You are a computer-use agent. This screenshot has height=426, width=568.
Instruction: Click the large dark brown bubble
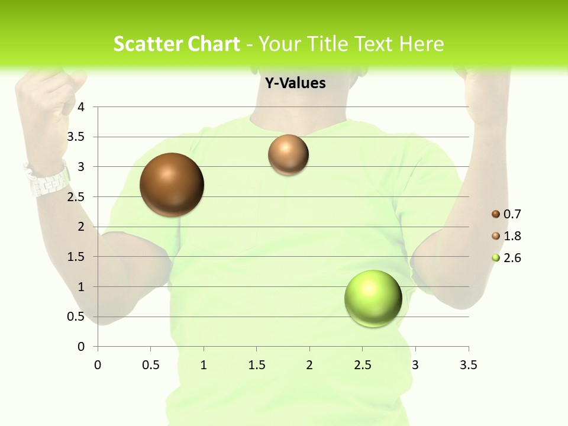pos(172,185)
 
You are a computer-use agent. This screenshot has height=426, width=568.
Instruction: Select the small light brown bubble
pos(288,155)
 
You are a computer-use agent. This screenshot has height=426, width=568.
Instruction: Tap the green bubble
pos(373,298)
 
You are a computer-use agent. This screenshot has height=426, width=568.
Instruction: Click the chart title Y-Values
pos(295,83)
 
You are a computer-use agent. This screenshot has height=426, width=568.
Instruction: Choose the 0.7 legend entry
pos(506,214)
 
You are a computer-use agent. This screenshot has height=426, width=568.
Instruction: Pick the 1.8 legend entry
pos(506,236)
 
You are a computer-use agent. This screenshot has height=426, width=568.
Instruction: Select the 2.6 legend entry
pos(506,258)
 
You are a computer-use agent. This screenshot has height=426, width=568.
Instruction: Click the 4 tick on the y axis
pos(82,107)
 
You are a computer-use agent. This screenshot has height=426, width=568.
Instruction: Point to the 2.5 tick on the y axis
pos(76,197)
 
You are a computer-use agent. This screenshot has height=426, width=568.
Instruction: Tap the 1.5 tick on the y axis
pos(76,257)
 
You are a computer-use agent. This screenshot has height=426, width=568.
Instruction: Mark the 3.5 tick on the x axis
pos(468,365)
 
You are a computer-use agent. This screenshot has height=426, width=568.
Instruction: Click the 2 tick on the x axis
pos(309,365)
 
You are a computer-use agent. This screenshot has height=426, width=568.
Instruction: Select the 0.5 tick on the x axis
pos(151,365)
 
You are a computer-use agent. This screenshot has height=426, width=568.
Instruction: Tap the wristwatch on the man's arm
pos(47,179)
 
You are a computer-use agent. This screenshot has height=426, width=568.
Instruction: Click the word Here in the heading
pos(421,44)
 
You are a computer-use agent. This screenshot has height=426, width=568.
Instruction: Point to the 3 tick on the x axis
pos(415,365)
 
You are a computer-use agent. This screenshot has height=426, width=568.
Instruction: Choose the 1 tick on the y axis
pos(82,287)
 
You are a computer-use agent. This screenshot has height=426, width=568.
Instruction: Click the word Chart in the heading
pos(213,44)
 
